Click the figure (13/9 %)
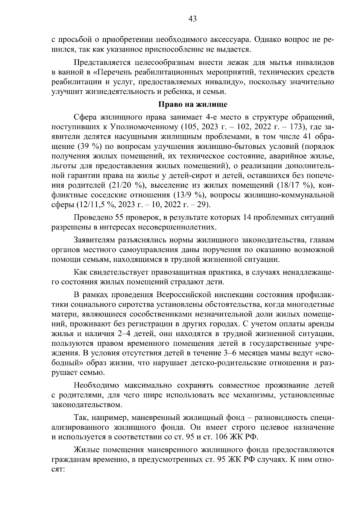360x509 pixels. pos(188,195)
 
